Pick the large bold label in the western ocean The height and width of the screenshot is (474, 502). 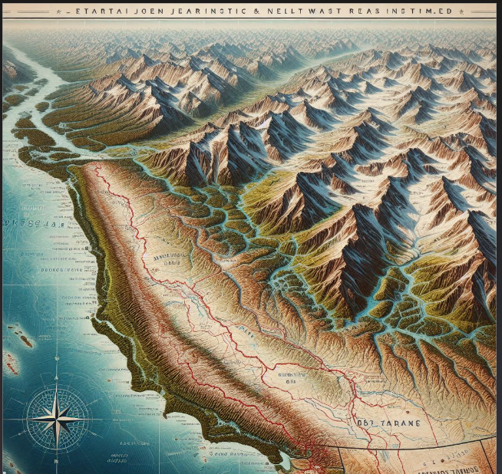coord(27,223)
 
